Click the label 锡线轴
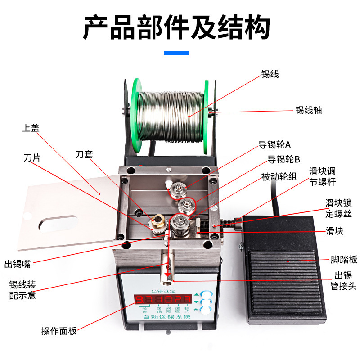pyautogui.click(x=308, y=110)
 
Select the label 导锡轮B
pyautogui.click(x=283, y=159)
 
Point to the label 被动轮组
pyautogui.click(x=279, y=177)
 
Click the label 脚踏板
pyautogui.click(x=344, y=260)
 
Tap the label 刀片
pyautogui.click(x=32, y=158)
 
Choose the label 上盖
pyautogui.click(x=31, y=128)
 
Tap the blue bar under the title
pyautogui.click(x=176, y=54)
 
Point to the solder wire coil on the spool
pyautogui.click(x=171, y=116)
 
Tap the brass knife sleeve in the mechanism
pyautogui.click(x=157, y=220)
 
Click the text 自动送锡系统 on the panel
pyautogui.click(x=166, y=317)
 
